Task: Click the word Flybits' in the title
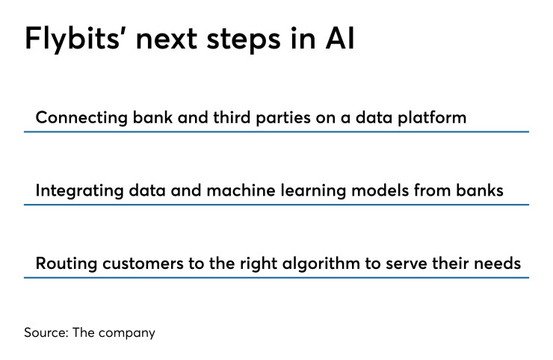[x=73, y=40]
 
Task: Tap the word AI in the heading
[x=339, y=38]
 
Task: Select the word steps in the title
[x=244, y=40]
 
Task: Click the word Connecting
[x=81, y=118]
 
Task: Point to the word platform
[x=432, y=118]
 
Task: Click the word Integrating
[x=80, y=191]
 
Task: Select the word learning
[x=313, y=191]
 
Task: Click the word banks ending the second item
[x=480, y=190]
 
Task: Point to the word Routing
[x=67, y=264]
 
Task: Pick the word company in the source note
[x=126, y=333]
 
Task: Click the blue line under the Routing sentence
[x=276, y=278]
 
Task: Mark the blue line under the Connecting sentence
[x=276, y=132]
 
